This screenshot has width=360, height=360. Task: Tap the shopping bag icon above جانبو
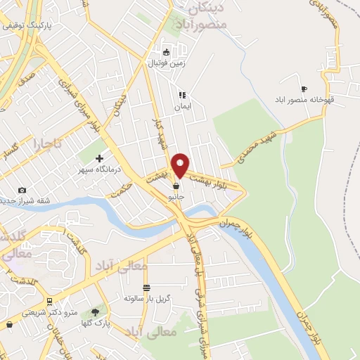coord(175,186)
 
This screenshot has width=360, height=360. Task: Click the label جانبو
coord(176,198)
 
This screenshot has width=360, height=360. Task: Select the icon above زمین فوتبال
coord(166,52)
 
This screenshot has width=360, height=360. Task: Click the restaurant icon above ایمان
coord(181,95)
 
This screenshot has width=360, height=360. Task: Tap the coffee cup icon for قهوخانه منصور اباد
coord(304,89)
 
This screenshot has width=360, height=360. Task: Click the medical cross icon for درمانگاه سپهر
coord(99,158)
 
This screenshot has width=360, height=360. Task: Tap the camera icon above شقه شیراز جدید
coord(22,190)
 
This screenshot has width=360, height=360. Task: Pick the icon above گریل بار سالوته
coord(146,288)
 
